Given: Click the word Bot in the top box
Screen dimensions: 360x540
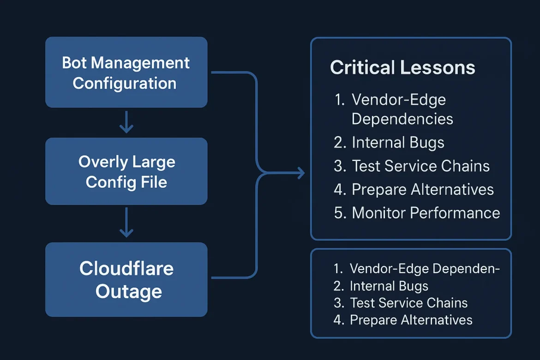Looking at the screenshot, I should pyautogui.click(x=73, y=63).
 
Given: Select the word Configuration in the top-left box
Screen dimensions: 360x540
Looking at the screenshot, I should pyautogui.click(x=125, y=84).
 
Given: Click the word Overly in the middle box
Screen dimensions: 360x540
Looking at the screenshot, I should pyautogui.click(x=101, y=162).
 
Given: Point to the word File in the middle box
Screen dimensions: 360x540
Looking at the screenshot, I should pyautogui.click(x=155, y=182).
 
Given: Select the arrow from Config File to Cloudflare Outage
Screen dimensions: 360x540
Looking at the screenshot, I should pyautogui.click(x=126, y=223).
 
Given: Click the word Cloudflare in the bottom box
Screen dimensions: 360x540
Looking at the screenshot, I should pyautogui.click(x=126, y=268).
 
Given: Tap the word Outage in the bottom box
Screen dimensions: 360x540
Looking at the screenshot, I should pyautogui.click(x=128, y=292).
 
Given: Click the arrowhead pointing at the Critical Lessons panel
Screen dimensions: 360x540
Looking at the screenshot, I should pyautogui.click(x=301, y=174).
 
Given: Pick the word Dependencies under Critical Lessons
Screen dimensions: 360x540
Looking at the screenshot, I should pyautogui.click(x=402, y=119).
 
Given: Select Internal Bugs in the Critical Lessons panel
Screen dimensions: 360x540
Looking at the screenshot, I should pyautogui.click(x=398, y=143).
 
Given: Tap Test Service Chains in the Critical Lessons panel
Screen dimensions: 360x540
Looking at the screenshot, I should pyautogui.click(x=420, y=166).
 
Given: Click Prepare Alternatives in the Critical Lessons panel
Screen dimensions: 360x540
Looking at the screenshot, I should pyautogui.click(x=422, y=190).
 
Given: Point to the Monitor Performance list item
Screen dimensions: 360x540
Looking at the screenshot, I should pyautogui.click(x=426, y=213).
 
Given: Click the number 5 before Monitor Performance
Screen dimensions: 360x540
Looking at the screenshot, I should pyautogui.click(x=338, y=213).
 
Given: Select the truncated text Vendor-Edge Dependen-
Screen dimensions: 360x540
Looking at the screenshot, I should pyautogui.click(x=425, y=269).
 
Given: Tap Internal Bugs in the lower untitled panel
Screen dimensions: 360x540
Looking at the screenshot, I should pyautogui.click(x=389, y=286).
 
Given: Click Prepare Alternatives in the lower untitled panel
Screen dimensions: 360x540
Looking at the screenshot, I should pyautogui.click(x=411, y=320).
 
